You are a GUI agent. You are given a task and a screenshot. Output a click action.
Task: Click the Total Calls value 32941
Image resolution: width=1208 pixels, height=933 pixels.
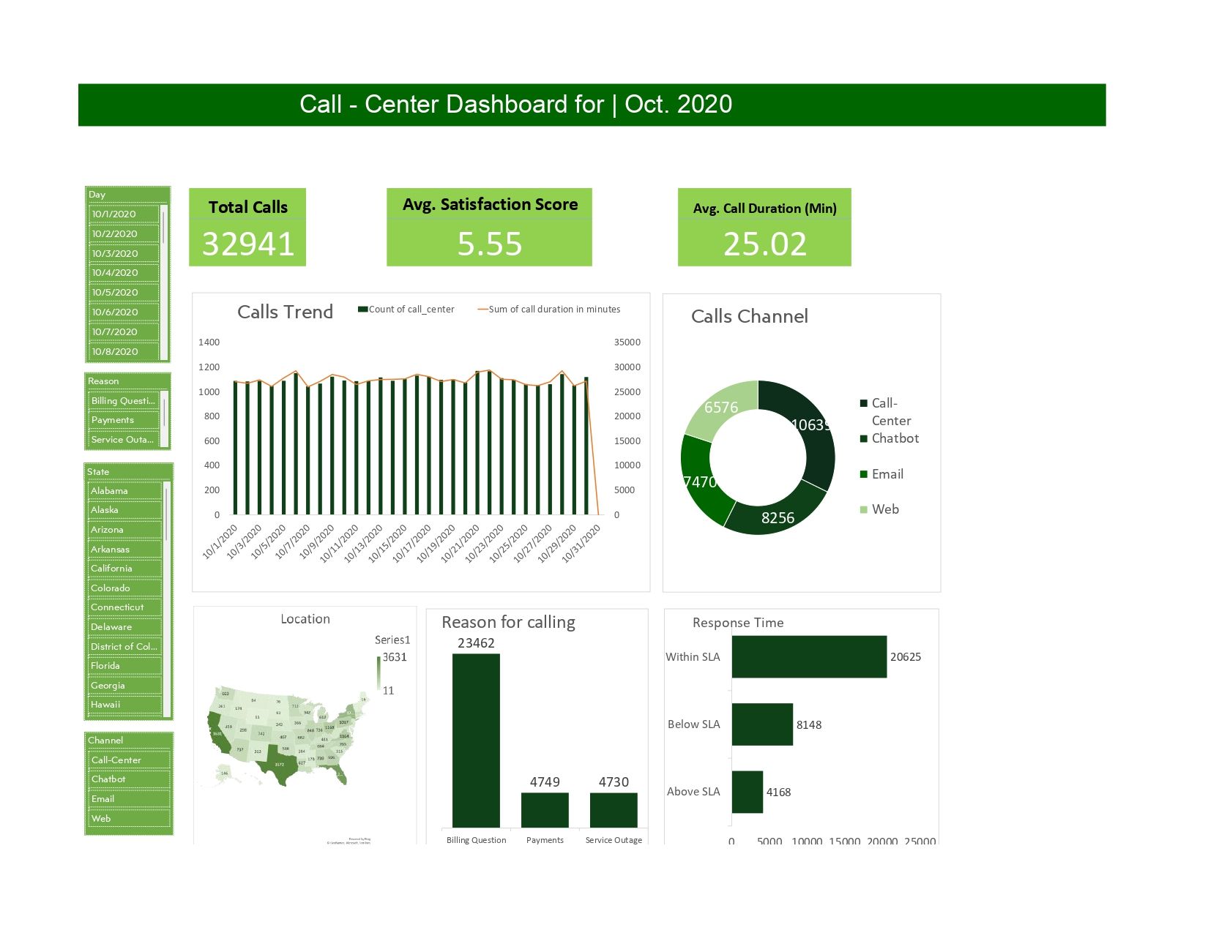tap(247, 244)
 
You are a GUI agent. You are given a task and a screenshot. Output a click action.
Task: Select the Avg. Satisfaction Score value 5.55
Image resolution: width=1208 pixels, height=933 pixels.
tap(489, 244)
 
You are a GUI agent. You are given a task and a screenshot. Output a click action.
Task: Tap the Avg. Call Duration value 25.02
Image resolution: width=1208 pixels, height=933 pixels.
tap(764, 244)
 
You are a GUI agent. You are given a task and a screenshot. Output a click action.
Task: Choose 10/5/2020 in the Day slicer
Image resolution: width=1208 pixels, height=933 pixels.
tap(123, 292)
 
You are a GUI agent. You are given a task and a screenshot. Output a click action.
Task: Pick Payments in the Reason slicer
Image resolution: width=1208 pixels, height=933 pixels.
tap(123, 420)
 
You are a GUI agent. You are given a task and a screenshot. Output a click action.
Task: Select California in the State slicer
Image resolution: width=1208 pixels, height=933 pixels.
tap(123, 569)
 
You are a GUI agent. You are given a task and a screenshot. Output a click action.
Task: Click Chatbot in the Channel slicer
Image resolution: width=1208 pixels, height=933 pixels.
tap(127, 779)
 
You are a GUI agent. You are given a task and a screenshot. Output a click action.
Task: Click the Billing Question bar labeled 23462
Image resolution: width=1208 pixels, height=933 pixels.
tap(476, 739)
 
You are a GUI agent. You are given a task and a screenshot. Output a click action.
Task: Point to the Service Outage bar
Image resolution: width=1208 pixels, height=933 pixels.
tap(614, 809)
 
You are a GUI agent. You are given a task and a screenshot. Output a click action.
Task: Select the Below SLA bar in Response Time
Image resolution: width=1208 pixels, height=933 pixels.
tap(761, 724)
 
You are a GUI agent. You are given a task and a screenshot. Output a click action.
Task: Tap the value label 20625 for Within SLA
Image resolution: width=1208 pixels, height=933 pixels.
tap(905, 657)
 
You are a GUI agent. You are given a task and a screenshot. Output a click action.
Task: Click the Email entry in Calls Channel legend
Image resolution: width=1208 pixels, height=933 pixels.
tap(887, 474)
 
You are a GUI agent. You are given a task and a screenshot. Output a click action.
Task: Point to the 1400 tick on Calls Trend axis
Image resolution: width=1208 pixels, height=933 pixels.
tap(209, 342)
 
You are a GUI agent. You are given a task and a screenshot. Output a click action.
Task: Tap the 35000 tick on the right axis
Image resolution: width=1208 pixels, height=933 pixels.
tap(627, 342)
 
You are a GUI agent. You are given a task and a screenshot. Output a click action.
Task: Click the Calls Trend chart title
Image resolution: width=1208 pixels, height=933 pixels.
tap(285, 312)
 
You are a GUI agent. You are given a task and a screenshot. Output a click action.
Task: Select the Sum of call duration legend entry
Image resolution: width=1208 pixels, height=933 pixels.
tap(553, 310)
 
